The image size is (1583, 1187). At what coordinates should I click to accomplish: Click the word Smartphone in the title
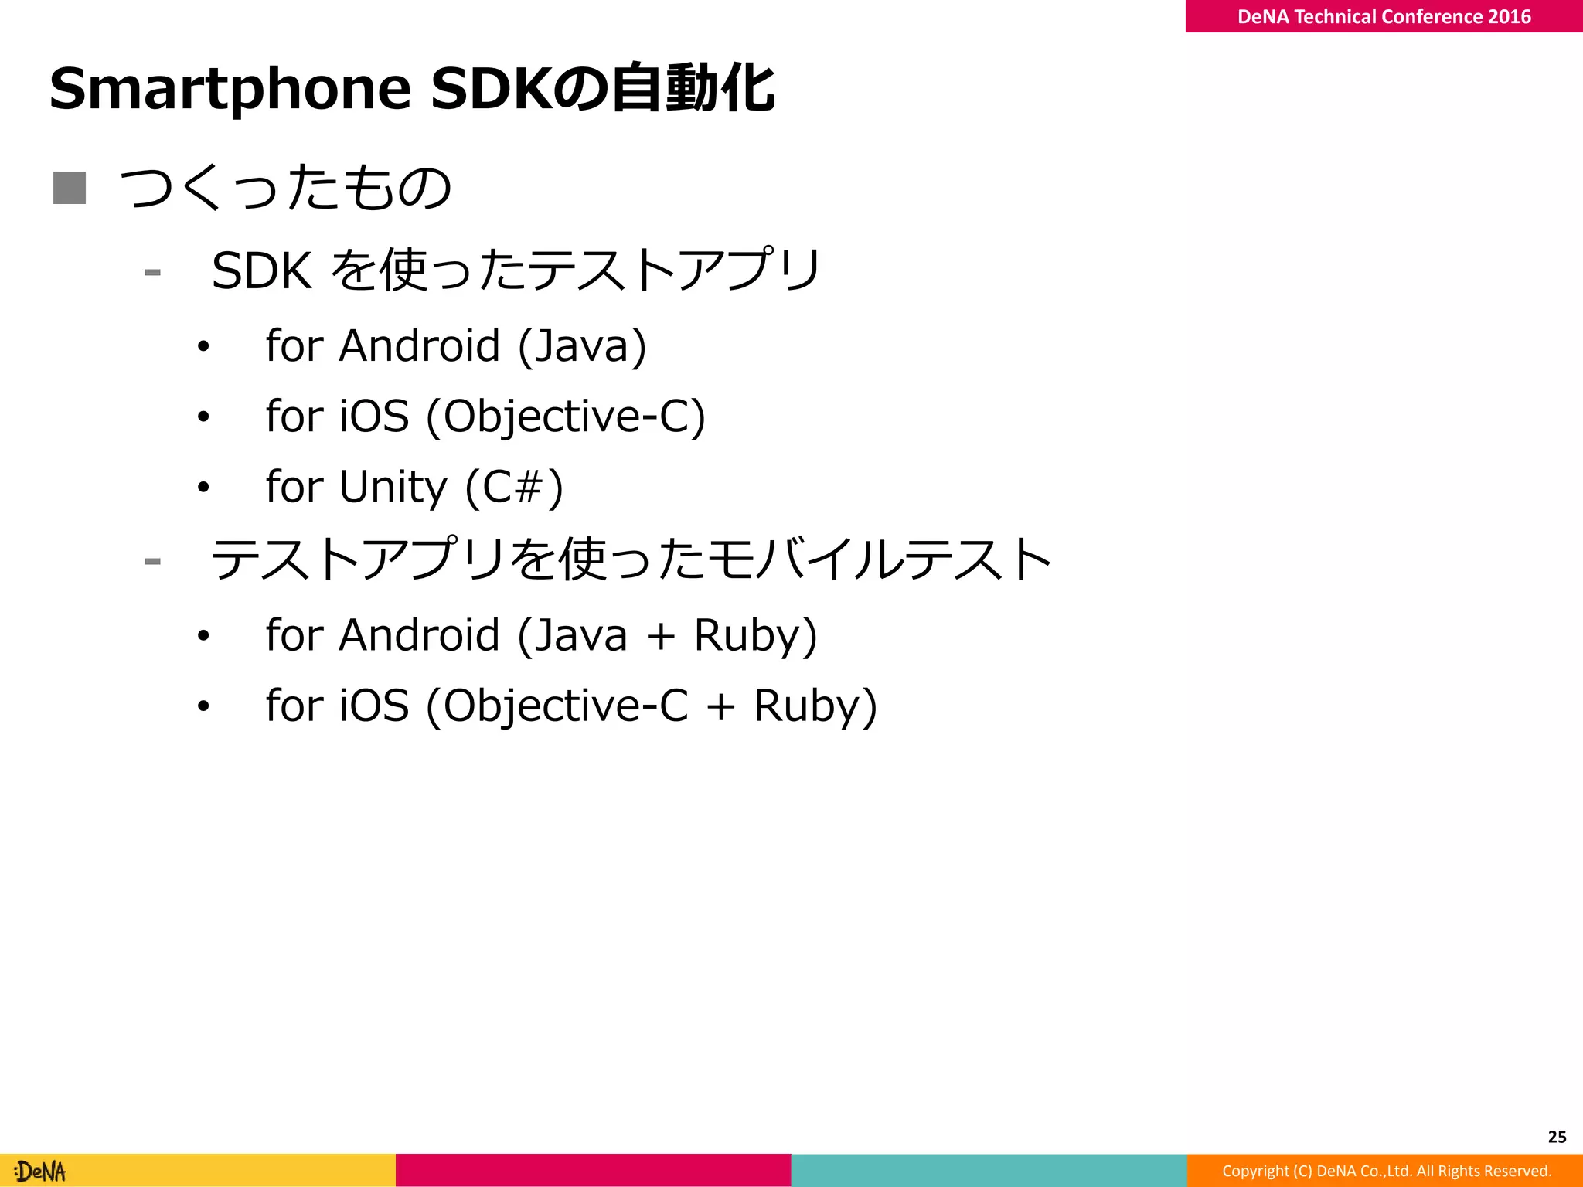(230, 89)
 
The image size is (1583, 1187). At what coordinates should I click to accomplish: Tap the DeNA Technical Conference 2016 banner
(1384, 16)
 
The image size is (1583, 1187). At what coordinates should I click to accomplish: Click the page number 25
(1557, 1137)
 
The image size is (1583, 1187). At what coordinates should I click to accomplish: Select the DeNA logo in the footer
(41, 1172)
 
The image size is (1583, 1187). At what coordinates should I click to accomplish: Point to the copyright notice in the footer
(1387, 1171)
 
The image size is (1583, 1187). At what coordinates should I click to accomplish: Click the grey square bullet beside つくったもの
(70, 188)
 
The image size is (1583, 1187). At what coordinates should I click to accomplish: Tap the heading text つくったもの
(285, 188)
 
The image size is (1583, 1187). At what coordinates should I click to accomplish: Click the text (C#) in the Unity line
(514, 487)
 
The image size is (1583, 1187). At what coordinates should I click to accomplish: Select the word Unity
(393, 487)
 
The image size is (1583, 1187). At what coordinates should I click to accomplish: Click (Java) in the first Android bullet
(582, 345)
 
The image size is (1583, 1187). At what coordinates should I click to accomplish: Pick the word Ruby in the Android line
(755, 635)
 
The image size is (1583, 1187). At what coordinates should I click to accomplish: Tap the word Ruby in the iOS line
(815, 706)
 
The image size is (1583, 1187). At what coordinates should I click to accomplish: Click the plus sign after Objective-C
(720, 707)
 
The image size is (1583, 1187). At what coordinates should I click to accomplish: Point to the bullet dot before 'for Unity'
(203, 488)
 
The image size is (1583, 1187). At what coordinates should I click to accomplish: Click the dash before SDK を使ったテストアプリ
(152, 272)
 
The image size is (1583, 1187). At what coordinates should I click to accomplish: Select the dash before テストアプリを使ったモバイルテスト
(152, 561)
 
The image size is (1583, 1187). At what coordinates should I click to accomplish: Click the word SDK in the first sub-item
(261, 271)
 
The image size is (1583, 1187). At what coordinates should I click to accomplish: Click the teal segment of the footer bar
(989, 1170)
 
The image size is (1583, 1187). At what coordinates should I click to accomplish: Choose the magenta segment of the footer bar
(593, 1170)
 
